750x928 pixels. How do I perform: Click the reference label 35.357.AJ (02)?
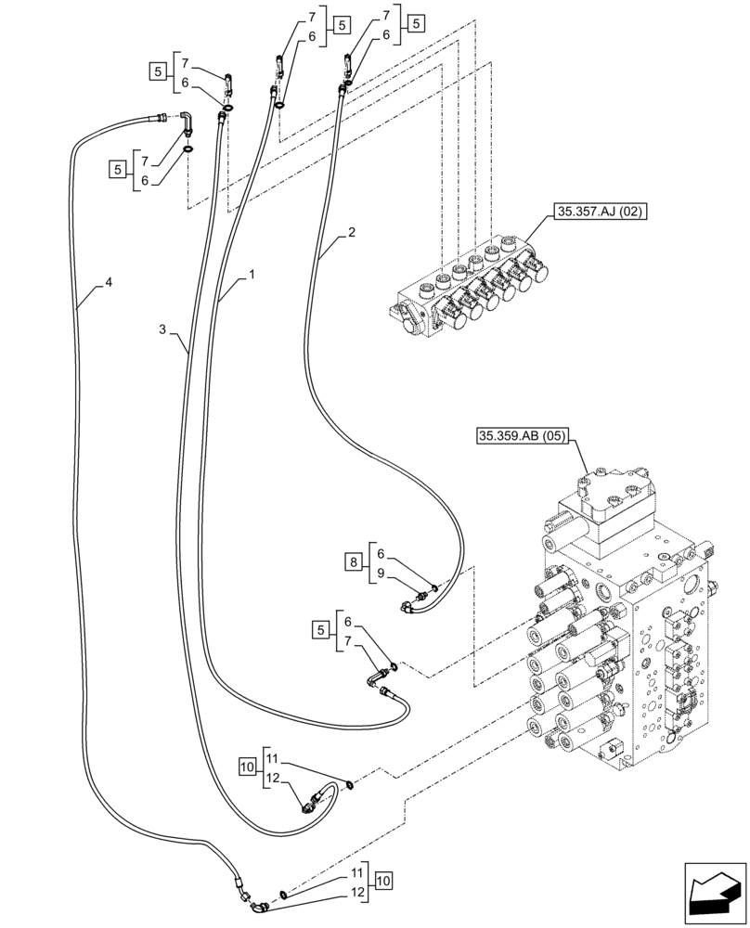click(601, 212)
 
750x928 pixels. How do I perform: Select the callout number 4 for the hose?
click(109, 282)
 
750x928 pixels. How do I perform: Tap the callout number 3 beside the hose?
click(162, 329)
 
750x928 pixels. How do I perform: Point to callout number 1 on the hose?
click(252, 277)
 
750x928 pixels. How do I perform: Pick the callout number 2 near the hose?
click(351, 236)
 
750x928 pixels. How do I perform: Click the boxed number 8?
click(356, 562)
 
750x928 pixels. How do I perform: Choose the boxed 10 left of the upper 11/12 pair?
click(247, 767)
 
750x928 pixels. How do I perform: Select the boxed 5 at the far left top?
click(156, 71)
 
